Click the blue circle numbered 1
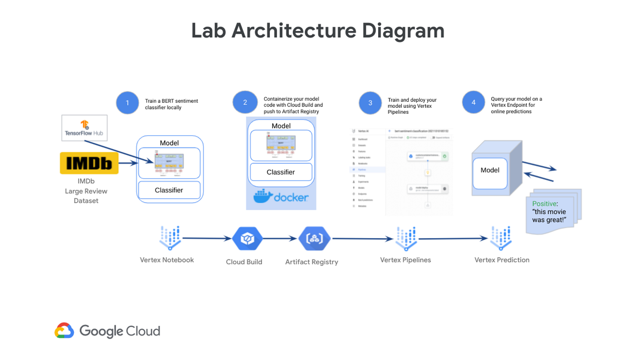click(x=127, y=103)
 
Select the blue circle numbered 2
click(x=245, y=102)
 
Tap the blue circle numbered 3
click(x=370, y=103)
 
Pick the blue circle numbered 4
click(x=473, y=102)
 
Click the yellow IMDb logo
click(x=89, y=163)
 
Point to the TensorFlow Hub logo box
click(x=85, y=128)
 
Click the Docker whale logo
click(x=263, y=197)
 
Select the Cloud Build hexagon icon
click(x=247, y=238)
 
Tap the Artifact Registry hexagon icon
click(x=314, y=238)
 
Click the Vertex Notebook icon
click(x=170, y=238)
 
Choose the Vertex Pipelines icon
click(x=406, y=238)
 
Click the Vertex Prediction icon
click(x=500, y=238)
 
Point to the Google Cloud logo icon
click(x=64, y=331)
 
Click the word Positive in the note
click(x=544, y=204)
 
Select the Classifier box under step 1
click(x=169, y=190)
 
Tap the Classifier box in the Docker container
click(x=281, y=172)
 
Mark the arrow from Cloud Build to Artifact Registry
click(x=280, y=238)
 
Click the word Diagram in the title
click(x=403, y=30)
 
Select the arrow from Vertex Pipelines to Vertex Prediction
click(x=453, y=238)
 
